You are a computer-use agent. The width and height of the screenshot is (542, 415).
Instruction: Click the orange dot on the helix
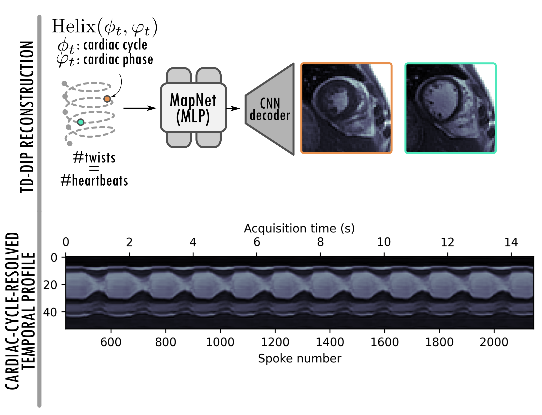coord(107,99)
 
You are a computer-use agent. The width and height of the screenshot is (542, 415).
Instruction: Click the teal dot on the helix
coord(81,122)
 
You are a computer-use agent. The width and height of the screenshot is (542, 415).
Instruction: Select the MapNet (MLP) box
coord(193,108)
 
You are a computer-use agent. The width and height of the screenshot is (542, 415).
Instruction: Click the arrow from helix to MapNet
coord(140,108)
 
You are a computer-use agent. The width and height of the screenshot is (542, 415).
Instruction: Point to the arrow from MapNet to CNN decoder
coord(233,108)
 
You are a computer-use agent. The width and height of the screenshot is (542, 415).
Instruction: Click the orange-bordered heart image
coord(346,108)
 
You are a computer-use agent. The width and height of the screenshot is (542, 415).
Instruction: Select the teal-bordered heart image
coord(450,108)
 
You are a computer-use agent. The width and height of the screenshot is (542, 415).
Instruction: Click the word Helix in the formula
coord(74,26)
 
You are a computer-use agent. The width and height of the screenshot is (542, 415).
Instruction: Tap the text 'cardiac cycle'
coord(115,45)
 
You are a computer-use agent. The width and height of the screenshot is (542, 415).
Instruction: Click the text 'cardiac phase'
coord(118,60)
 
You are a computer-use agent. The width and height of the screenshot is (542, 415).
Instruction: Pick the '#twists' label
coord(94,158)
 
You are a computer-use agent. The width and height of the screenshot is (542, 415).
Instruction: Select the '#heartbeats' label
coord(94,181)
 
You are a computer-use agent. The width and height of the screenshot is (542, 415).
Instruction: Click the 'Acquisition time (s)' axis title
coord(299,228)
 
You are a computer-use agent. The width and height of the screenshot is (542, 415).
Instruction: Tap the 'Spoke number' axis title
coord(300,358)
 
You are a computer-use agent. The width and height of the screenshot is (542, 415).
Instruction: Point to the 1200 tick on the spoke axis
coord(275,342)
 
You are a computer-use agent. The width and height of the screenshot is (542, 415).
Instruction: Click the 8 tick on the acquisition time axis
coord(320,242)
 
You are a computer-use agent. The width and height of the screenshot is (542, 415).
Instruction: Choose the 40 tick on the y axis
coord(50,312)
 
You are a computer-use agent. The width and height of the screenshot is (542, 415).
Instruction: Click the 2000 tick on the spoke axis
coord(494,342)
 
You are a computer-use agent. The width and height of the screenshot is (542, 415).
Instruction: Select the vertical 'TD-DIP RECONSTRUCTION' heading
coord(27,117)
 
